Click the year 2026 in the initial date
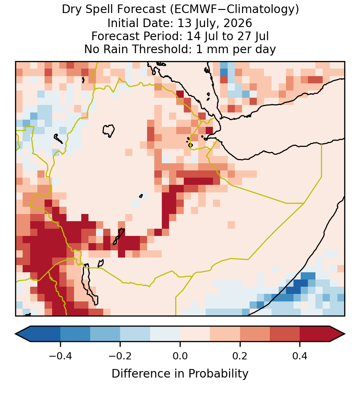coord(238,23)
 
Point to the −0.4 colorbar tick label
coord(60,356)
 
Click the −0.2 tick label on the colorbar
coord(120,356)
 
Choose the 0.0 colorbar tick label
coord(180,356)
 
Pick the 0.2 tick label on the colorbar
coord(240,356)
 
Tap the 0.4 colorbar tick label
coord(300,356)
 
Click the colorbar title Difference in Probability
coord(180,373)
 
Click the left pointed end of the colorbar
coord(15,334)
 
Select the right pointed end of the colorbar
coord(345,334)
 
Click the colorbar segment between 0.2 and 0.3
coord(255,334)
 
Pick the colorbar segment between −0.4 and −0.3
coord(75,334)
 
